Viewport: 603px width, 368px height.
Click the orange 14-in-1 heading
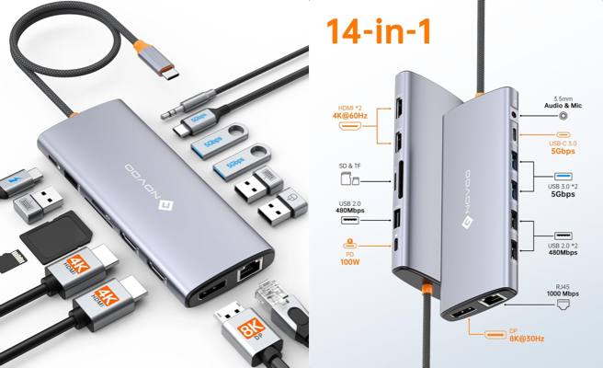(379, 29)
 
